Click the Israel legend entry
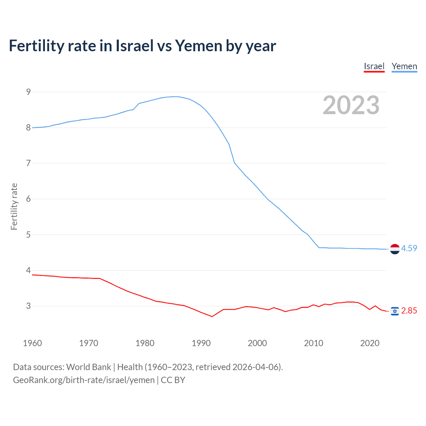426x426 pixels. [374, 66]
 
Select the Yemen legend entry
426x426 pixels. [404, 66]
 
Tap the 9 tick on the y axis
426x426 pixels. [28, 92]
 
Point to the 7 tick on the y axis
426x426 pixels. [28, 163]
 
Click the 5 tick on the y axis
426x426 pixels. [28, 235]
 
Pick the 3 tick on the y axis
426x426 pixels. [28, 306]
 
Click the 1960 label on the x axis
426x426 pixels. [32, 343]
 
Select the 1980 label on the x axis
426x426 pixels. [145, 343]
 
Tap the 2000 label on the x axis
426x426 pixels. [257, 343]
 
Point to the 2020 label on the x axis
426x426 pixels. [370, 343]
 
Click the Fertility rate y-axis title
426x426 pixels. [14, 206]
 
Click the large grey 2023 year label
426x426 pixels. [351, 105]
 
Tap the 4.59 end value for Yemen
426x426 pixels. [409, 248]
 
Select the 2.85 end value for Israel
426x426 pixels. [409, 311]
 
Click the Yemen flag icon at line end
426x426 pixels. [395, 249]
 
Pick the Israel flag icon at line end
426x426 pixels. [395, 311]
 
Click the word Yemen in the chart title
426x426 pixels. [198, 46]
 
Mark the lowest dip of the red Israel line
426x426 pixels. [212, 316]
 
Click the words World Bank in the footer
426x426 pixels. [89, 367]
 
